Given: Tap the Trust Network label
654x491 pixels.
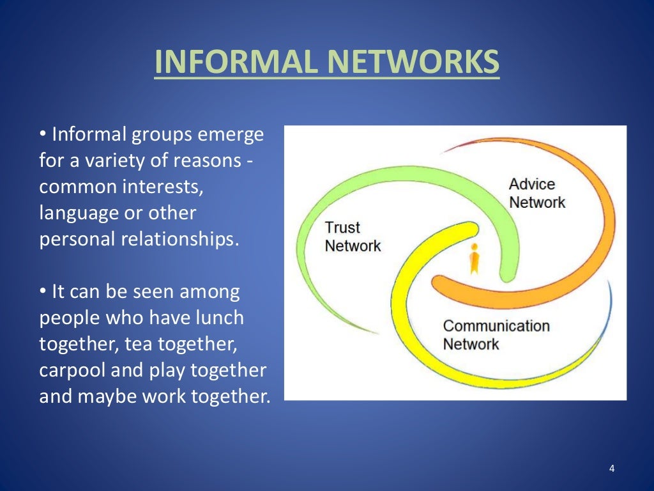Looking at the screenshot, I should [353, 237].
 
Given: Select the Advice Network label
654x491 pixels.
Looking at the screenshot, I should [536, 193].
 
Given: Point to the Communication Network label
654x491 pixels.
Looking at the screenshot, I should [496, 334].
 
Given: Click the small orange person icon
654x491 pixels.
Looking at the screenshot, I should [474, 258].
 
